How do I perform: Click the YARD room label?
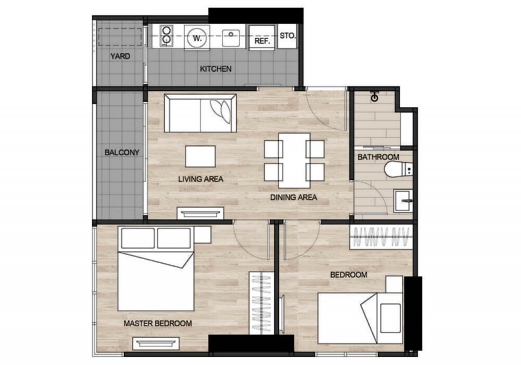pos(120,57)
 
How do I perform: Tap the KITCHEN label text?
pos(216,69)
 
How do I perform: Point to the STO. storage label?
pos(287,36)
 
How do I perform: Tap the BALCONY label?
pos(122,152)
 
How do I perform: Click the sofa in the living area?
pos(200,113)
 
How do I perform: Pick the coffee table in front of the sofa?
pos(200,156)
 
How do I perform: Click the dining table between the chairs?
pos(294,160)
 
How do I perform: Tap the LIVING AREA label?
pos(200,179)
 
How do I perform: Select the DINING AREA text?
pos(294,198)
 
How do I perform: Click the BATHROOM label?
pos(378,157)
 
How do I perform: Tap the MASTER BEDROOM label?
pos(158,323)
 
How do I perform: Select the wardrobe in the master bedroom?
pos(261,303)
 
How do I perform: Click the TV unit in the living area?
pos(200,213)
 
